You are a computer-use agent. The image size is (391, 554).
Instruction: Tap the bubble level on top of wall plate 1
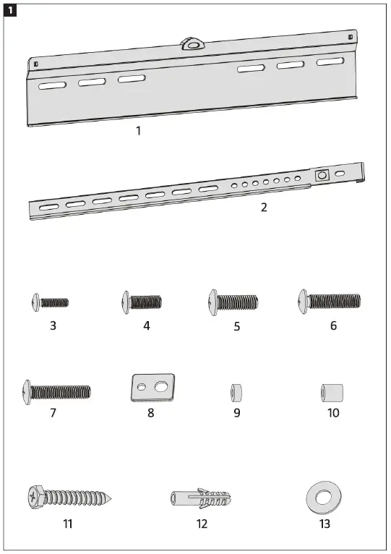193,43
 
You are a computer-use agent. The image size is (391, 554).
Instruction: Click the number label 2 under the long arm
264,207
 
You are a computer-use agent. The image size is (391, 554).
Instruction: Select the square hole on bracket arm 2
322,175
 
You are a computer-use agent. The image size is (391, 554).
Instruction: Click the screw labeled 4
142,301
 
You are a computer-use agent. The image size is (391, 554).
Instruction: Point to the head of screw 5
213,300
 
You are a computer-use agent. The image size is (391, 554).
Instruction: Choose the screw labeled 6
329,299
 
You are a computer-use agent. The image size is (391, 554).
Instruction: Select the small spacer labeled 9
236,393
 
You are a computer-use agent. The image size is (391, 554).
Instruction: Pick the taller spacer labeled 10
330,393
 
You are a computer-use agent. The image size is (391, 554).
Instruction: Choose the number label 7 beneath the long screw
53,413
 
